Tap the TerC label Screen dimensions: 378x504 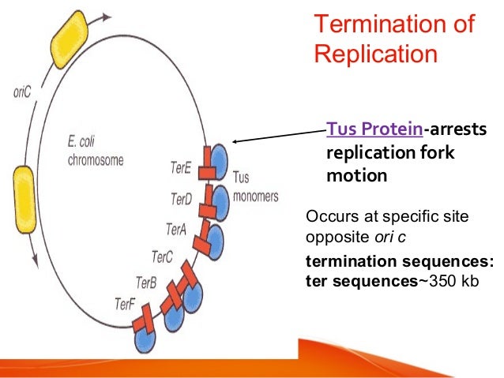pyautogui.click(x=162, y=256)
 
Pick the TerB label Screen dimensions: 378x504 pyautogui.click(x=147, y=281)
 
